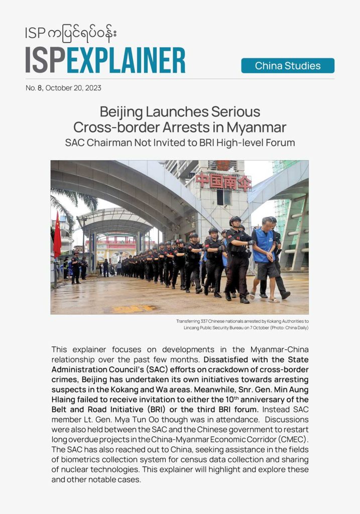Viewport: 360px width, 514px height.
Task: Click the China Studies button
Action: pos(288,66)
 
